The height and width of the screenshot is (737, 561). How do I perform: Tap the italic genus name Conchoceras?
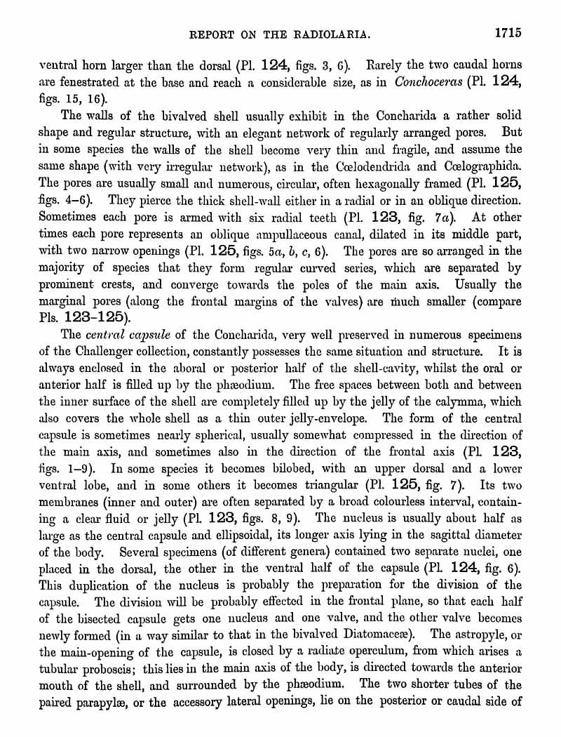tap(429, 82)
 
